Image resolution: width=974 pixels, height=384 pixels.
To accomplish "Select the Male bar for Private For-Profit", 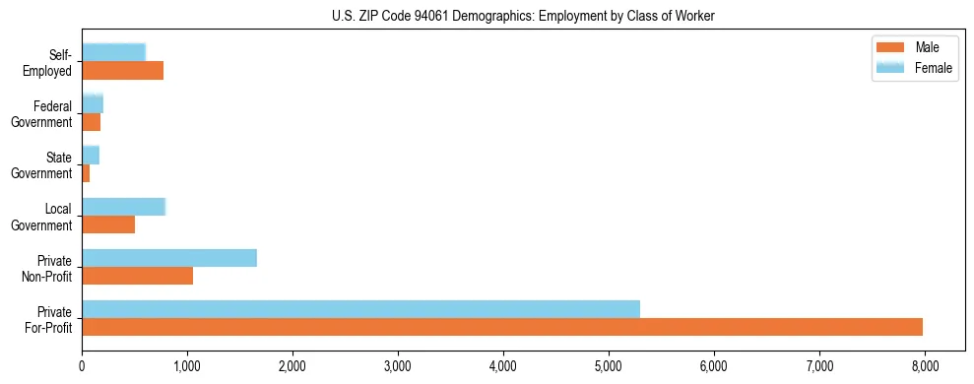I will point(502,327).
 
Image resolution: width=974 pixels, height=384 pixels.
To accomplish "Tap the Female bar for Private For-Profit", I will point(360,309).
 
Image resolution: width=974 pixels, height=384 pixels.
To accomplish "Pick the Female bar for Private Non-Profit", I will point(169,258).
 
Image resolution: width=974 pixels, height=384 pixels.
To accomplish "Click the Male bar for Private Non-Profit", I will point(137,276).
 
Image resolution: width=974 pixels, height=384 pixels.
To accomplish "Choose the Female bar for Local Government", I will point(123,207).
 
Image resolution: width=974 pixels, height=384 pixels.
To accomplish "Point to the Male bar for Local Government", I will point(108,224).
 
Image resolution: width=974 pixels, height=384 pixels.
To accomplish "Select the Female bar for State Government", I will point(91,156).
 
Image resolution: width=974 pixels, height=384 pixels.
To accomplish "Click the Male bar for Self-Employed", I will point(122,71).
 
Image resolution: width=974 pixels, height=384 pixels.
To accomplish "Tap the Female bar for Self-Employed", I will point(113,53).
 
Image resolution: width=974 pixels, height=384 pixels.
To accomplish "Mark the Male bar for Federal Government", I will point(91,122).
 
